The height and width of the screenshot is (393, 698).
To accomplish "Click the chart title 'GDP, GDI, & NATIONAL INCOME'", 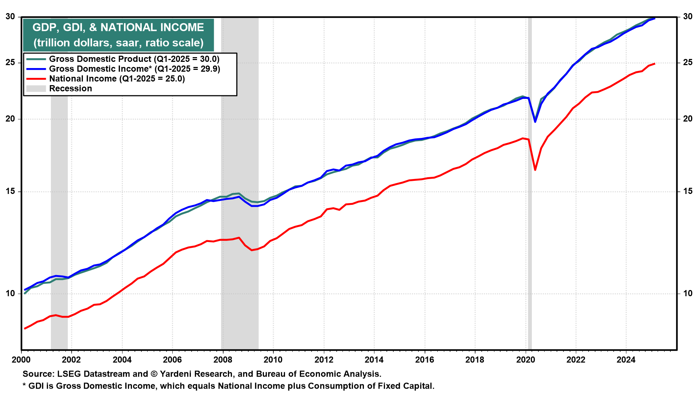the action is (x=118, y=27).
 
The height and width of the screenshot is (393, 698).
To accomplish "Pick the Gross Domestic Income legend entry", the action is (x=123, y=69).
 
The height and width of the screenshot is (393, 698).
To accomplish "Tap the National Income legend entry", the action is (x=105, y=79).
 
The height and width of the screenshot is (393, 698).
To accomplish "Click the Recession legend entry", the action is (x=59, y=88).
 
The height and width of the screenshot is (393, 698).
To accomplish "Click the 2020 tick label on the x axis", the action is (x=526, y=360).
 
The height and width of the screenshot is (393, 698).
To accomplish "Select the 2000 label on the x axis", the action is (x=21, y=360).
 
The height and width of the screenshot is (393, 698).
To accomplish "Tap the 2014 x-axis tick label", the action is (x=374, y=360).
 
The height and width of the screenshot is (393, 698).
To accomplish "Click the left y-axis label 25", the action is (x=11, y=63).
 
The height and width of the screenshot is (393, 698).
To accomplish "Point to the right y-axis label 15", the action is (x=688, y=191).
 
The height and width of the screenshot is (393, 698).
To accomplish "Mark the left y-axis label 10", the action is (x=11, y=293).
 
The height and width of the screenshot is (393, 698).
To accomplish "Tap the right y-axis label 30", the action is (x=688, y=16).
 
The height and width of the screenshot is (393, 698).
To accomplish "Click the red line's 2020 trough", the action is (x=535, y=170).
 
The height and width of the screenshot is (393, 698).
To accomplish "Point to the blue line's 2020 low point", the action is (x=535, y=122).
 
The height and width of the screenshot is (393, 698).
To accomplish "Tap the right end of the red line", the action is (x=654, y=64).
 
